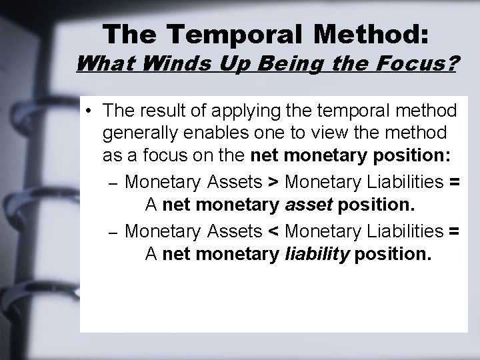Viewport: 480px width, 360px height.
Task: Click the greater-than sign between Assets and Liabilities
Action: [273, 180]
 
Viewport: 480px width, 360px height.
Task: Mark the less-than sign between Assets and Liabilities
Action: [273, 231]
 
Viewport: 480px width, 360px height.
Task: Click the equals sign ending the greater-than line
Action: [454, 180]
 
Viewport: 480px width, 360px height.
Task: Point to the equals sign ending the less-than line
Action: [454, 231]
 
